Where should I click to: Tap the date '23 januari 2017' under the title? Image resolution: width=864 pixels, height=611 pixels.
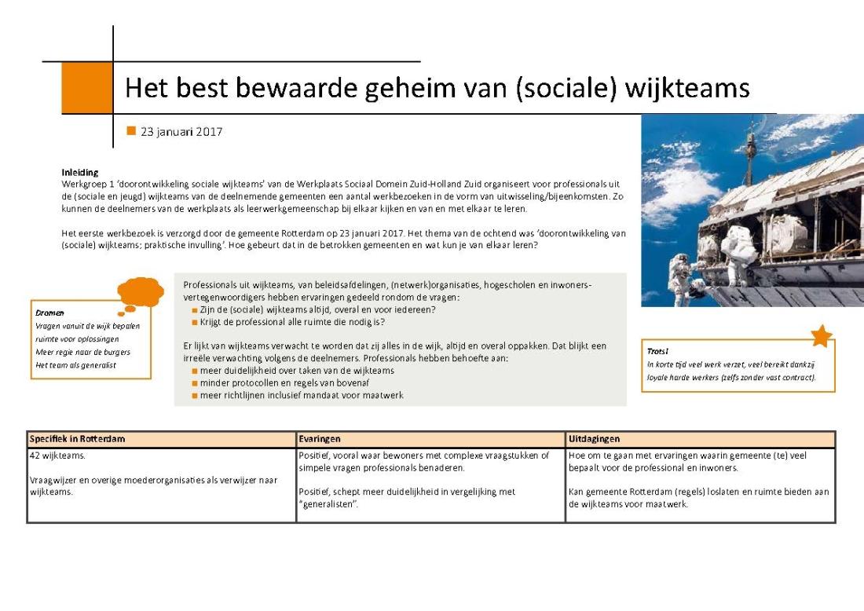tap(181, 132)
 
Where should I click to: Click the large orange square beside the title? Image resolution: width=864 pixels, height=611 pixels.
tap(86, 88)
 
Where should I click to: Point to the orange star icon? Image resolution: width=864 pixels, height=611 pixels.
tap(821, 335)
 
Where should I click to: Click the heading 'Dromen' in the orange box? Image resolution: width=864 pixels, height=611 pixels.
tap(49, 313)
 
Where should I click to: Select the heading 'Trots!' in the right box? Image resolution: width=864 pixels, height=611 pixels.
tap(658, 352)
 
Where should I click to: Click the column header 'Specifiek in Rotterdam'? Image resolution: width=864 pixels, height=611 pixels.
tap(77, 439)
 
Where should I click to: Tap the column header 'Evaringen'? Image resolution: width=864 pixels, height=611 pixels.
tap(320, 439)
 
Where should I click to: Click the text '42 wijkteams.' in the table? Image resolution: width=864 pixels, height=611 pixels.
tap(57, 455)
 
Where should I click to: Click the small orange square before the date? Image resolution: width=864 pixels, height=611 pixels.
tap(131, 131)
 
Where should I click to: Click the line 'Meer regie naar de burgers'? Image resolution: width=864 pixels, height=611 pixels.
tap(82, 352)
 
